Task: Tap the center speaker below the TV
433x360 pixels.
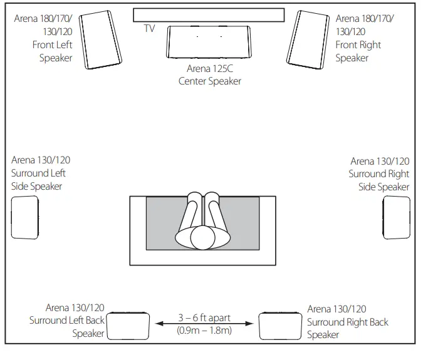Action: click(x=209, y=42)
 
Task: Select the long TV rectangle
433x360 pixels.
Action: click(x=209, y=14)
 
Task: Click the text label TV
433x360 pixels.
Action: click(x=149, y=29)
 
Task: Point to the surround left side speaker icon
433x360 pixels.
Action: click(x=25, y=217)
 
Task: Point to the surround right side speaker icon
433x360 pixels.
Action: click(x=397, y=217)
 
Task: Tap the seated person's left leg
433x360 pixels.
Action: click(x=192, y=213)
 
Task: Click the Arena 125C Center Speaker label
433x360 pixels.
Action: click(x=209, y=75)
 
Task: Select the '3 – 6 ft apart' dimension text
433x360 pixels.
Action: click(x=204, y=318)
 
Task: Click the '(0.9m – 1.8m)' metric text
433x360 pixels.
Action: click(x=204, y=331)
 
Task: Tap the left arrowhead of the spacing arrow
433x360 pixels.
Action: click(x=159, y=324)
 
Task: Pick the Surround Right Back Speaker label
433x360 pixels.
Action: click(x=347, y=322)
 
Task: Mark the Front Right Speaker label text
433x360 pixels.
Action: click(x=364, y=38)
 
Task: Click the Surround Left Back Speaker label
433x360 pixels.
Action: click(x=67, y=321)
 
